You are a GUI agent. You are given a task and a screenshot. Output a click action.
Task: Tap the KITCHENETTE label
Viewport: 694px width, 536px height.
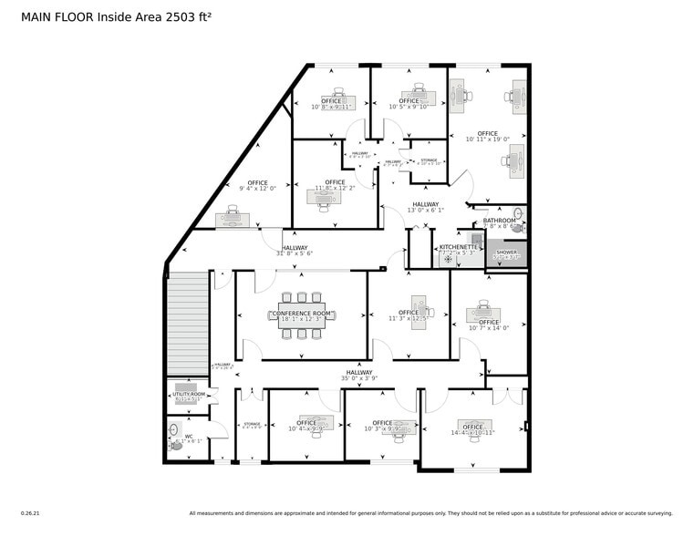[x=458, y=247]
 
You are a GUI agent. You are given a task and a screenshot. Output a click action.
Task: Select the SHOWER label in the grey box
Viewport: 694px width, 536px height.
[x=506, y=253]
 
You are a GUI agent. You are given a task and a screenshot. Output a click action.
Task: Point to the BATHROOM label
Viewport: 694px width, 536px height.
[x=499, y=221]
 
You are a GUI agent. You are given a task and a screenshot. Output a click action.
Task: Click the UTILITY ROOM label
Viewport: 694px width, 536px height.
[x=189, y=394]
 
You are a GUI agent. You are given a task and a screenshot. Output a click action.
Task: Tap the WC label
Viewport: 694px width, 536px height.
[x=189, y=437]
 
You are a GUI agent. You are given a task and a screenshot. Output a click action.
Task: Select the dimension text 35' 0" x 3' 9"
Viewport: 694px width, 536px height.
[x=359, y=378]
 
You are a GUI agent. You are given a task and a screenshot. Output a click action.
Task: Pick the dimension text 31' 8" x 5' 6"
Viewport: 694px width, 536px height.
[x=295, y=253]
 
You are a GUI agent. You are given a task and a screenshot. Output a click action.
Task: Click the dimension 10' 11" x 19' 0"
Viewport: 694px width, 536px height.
[x=487, y=139]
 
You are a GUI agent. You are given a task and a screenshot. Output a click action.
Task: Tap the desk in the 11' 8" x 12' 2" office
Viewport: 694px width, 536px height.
[x=326, y=202]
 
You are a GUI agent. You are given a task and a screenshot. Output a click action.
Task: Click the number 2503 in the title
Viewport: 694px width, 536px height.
[x=150, y=15]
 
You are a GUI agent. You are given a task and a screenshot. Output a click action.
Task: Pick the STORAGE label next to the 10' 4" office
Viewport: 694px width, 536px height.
[x=252, y=424]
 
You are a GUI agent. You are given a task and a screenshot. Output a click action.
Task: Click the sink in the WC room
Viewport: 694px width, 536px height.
[x=172, y=428]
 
